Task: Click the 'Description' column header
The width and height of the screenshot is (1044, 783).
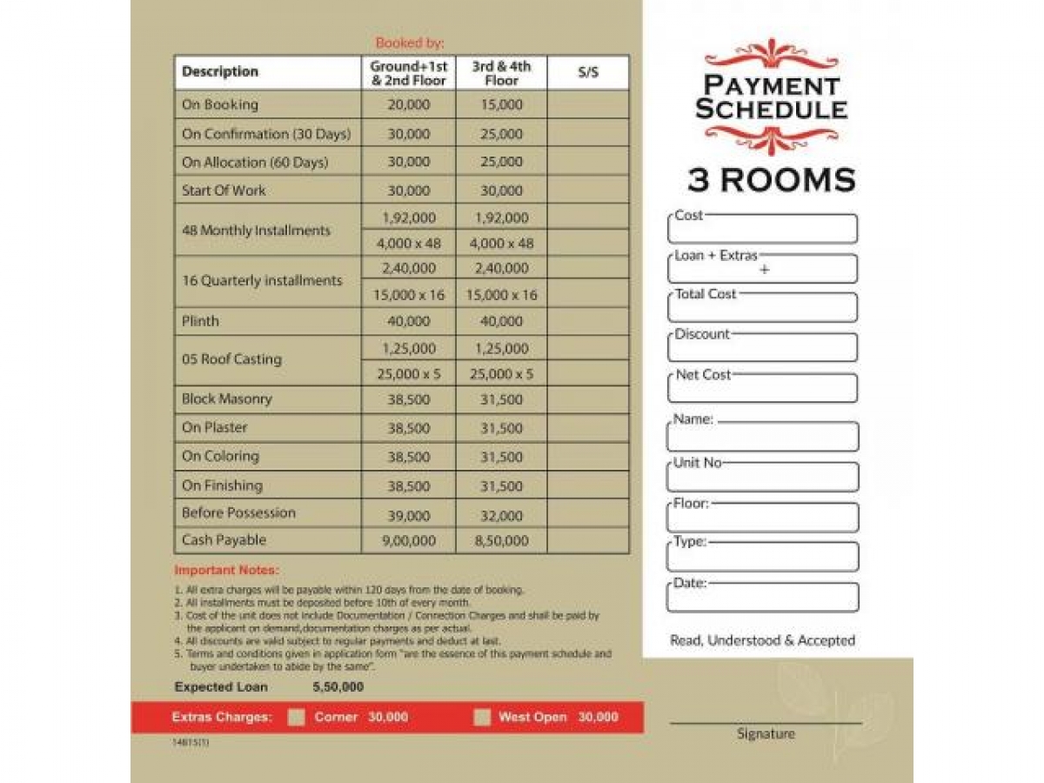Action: tap(220, 72)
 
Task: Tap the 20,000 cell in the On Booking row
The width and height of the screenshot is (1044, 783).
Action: tap(408, 105)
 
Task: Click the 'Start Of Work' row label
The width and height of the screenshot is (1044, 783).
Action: tap(224, 191)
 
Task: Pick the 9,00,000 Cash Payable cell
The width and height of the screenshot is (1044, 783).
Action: tap(408, 541)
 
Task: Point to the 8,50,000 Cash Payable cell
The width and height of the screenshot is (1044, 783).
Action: tap(501, 541)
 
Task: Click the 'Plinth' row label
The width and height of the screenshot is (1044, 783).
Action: tap(200, 321)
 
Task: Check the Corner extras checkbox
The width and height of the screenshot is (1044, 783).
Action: tap(297, 718)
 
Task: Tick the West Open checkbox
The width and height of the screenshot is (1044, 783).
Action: tap(483, 718)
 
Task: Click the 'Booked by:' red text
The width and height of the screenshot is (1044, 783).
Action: tap(410, 43)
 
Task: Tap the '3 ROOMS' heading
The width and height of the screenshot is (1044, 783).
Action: tap(771, 180)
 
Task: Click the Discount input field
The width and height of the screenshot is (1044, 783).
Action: tap(762, 349)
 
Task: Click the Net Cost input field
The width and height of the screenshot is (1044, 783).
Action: tap(762, 389)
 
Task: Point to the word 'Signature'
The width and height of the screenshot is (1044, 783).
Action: tap(766, 734)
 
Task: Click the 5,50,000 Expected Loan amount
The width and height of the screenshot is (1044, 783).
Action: tap(338, 687)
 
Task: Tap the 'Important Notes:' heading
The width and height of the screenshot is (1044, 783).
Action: tap(226, 571)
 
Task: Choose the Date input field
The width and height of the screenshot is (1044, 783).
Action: tap(762, 598)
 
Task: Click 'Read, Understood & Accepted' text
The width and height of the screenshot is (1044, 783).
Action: tap(762, 641)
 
